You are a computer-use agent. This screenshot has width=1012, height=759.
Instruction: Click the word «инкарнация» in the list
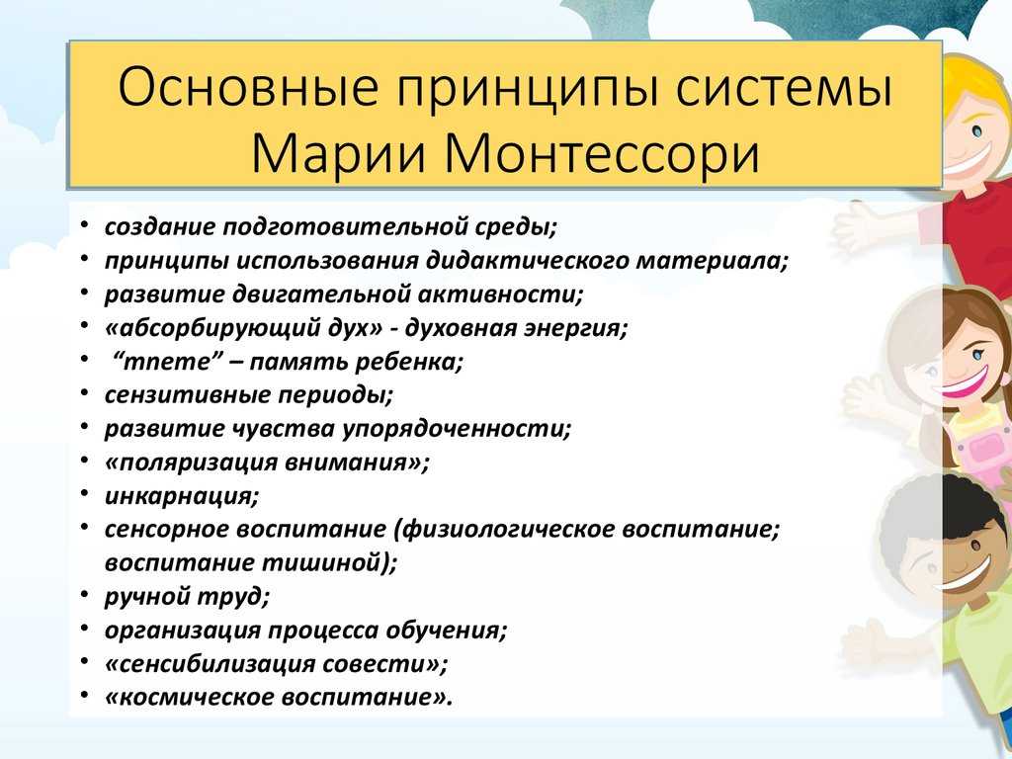182,496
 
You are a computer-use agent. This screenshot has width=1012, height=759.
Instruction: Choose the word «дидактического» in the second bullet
527,261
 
